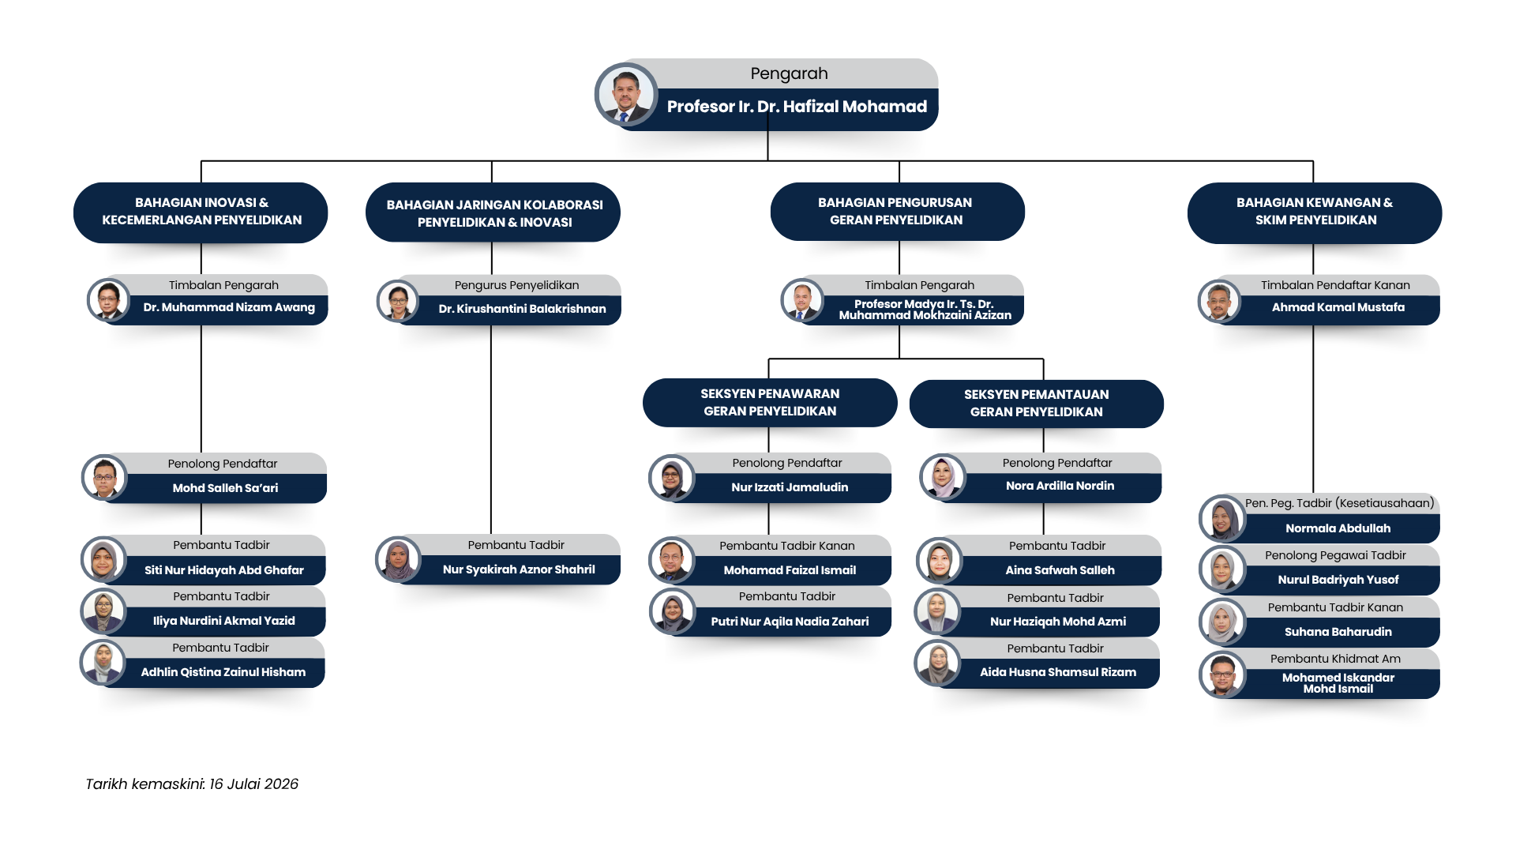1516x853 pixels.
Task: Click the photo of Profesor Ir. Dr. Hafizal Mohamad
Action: (626, 95)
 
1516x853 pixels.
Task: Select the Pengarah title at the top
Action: (789, 73)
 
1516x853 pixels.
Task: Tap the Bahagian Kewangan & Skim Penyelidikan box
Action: (1315, 212)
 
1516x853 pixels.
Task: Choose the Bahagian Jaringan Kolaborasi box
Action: (493, 213)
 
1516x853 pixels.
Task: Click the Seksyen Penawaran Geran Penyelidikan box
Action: (770, 402)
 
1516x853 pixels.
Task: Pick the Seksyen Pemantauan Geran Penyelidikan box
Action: (1037, 403)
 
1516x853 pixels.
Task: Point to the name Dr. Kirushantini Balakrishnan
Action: (523, 309)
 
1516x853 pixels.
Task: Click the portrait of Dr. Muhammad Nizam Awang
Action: (109, 300)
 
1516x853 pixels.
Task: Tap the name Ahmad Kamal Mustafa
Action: (1338, 307)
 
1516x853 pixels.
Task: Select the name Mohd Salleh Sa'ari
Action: (225, 488)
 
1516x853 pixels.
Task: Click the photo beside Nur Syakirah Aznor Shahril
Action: (399, 560)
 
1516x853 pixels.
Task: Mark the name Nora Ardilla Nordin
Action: (1060, 486)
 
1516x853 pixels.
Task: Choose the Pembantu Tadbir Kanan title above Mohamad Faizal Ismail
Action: (787, 546)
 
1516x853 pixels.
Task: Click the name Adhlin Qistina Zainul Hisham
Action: (223, 672)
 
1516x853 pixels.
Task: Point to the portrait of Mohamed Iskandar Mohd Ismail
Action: (1222, 675)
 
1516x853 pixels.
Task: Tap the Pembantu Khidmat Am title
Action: (1336, 659)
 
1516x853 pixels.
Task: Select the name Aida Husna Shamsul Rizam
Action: (1058, 672)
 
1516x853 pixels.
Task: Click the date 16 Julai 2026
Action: (253, 784)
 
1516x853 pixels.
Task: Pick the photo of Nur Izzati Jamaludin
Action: (672, 478)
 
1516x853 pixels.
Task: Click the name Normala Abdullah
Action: (1338, 528)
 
